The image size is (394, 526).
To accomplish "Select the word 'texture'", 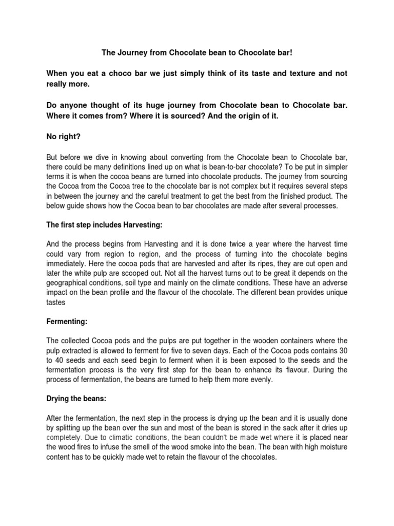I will pyautogui.click(x=289, y=74).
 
